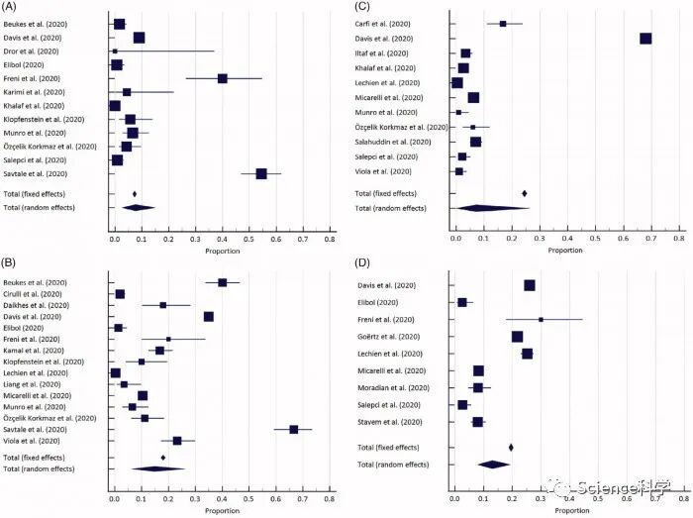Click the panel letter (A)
[12, 8]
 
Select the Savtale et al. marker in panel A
[261, 173]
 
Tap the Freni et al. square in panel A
[223, 78]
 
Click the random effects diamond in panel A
[139, 207]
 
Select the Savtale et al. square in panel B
[293, 429]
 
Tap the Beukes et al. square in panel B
[223, 282]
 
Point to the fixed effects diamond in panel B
[163, 458]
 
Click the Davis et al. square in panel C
[645, 39]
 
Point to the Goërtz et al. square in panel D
[517, 337]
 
